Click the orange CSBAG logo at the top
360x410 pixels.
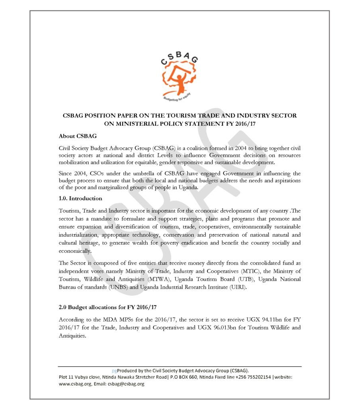180,76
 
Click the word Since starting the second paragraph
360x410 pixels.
66,173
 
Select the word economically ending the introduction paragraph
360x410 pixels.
75,251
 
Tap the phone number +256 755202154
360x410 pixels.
250,377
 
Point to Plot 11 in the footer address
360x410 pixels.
67,377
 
